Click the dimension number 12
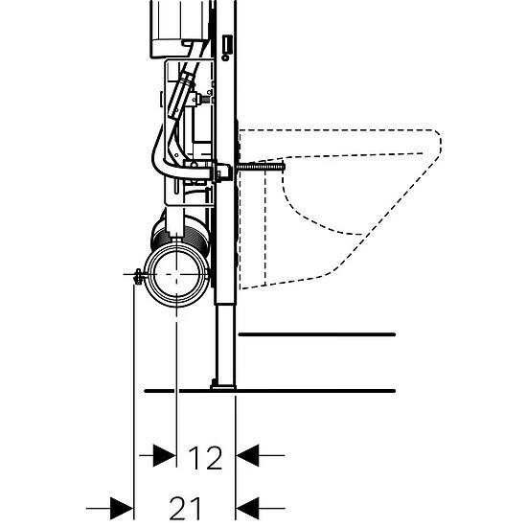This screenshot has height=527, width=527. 205,458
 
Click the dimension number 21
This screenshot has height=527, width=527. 185,508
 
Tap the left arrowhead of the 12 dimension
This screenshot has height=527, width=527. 165,455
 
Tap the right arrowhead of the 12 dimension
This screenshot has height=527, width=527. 248,455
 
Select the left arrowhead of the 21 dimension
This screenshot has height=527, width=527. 122,508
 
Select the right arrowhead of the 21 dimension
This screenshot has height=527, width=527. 248,508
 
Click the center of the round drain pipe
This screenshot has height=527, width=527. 177,275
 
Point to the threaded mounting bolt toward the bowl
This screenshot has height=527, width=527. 260,167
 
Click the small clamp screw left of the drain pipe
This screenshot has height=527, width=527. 137,276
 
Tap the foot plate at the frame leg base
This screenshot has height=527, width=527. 223,387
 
